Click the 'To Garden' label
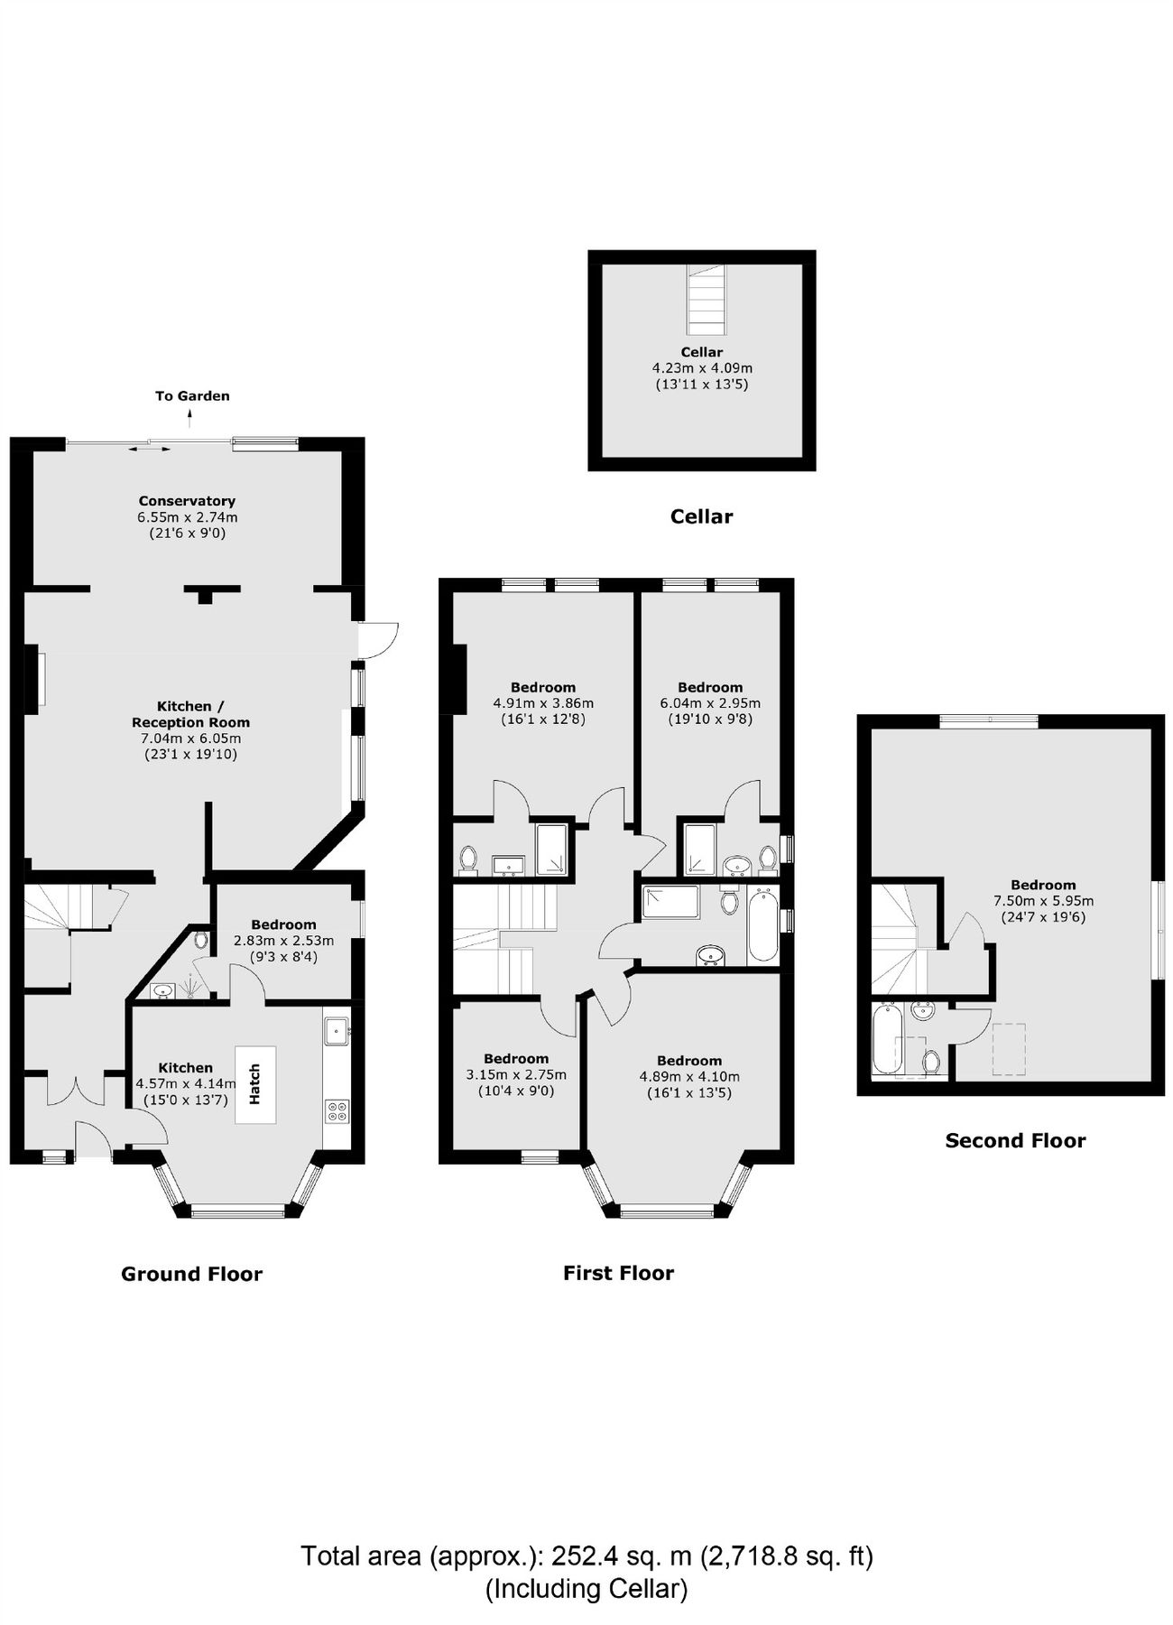(x=192, y=395)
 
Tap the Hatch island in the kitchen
(x=255, y=1084)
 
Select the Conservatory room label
(x=187, y=501)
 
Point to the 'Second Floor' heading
(x=1015, y=1140)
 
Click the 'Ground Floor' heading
(x=191, y=1274)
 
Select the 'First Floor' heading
(x=618, y=1273)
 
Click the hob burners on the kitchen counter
(x=337, y=1110)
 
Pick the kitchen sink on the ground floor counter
(x=337, y=1029)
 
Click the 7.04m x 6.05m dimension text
(x=190, y=738)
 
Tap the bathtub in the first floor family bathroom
(x=763, y=925)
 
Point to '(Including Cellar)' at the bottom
(x=586, y=1588)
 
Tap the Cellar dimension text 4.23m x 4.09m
(x=702, y=368)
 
